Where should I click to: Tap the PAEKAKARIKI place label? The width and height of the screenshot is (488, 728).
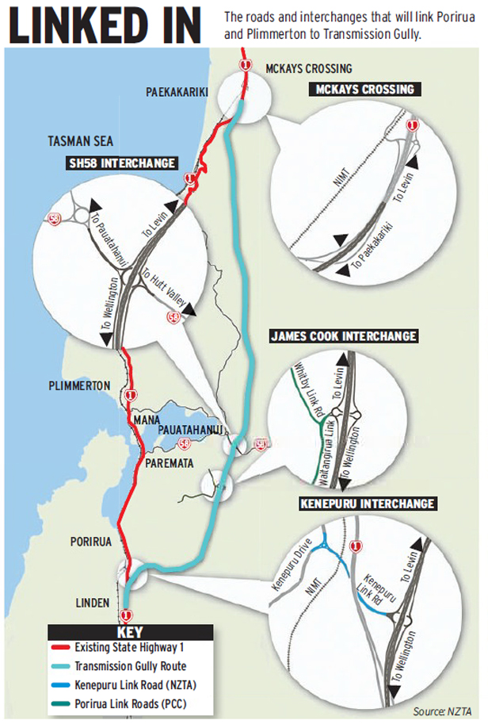pos(177,93)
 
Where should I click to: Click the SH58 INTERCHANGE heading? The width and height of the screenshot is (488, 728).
pos(122,163)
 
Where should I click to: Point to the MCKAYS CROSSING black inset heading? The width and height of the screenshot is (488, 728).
pos(364,90)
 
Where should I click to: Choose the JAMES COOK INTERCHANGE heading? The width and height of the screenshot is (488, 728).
pos(343,336)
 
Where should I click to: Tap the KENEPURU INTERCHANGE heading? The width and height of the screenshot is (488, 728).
pos(367,504)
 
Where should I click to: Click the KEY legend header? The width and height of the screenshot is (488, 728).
pos(130,634)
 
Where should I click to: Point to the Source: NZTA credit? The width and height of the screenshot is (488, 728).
pos(444,711)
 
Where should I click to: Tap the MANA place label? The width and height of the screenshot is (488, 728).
pos(147,418)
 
